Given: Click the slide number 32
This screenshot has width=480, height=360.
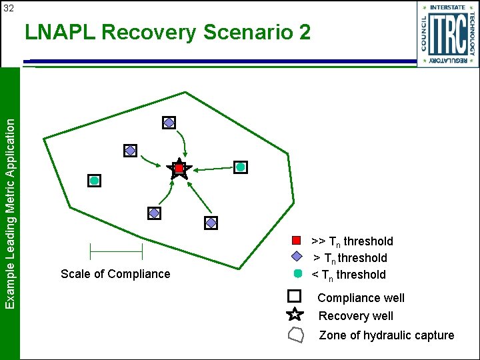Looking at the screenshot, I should [9, 8].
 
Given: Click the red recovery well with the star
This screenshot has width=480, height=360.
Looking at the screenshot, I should [179, 169].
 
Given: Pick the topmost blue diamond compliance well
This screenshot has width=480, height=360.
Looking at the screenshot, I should [169, 123].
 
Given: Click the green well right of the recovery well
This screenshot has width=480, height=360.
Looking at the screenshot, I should [241, 167].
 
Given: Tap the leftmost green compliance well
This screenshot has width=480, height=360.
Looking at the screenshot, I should [95, 181].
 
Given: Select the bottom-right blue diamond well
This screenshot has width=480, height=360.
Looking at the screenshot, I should [211, 223].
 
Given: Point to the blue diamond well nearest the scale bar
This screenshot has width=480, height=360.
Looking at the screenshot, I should [154, 213].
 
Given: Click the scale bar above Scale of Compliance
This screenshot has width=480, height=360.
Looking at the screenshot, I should [116, 251].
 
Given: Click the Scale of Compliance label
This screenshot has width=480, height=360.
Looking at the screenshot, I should [115, 274].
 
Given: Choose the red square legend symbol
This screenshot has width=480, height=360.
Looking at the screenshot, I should [297, 240].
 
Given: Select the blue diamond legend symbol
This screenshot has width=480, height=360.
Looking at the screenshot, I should [298, 257].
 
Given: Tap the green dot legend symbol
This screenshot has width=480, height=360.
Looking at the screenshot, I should [298, 273].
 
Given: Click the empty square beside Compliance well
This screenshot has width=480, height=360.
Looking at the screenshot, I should [295, 297].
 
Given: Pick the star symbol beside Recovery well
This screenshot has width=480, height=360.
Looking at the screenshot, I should [295, 315].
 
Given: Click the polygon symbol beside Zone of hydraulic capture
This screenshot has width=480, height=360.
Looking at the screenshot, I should [295, 335].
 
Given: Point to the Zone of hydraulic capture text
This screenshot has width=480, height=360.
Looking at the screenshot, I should [387, 335].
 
